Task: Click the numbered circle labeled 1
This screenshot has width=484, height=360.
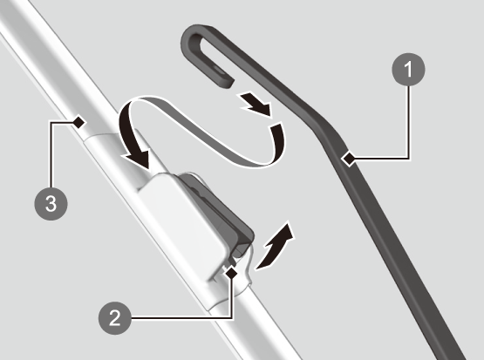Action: [x=408, y=70]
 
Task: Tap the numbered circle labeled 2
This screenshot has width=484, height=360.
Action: [x=115, y=318]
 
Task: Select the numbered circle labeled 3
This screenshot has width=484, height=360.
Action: [x=51, y=204]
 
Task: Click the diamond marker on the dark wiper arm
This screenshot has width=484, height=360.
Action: [x=349, y=159]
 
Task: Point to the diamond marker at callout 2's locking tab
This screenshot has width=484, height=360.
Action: [x=231, y=273]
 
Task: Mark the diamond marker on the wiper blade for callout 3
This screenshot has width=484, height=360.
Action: [x=78, y=122]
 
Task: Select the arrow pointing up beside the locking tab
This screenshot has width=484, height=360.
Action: [x=276, y=247]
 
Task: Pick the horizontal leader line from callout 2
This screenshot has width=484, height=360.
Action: [x=181, y=318]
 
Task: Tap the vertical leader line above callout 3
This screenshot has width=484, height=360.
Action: [x=51, y=154]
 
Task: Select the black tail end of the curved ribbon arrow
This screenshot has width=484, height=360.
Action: [x=277, y=142]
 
